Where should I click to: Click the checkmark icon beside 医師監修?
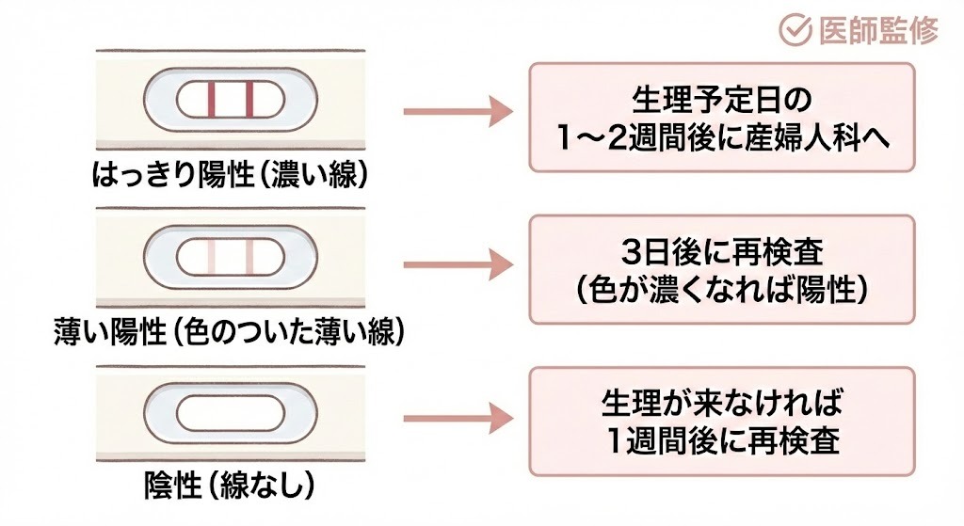795,31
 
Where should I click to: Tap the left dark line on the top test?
212,99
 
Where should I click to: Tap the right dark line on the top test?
250,99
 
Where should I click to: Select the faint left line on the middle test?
212,257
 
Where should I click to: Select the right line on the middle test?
250,257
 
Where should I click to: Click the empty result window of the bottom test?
230,414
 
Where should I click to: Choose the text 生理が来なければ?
721,405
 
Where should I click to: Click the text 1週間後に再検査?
721,442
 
